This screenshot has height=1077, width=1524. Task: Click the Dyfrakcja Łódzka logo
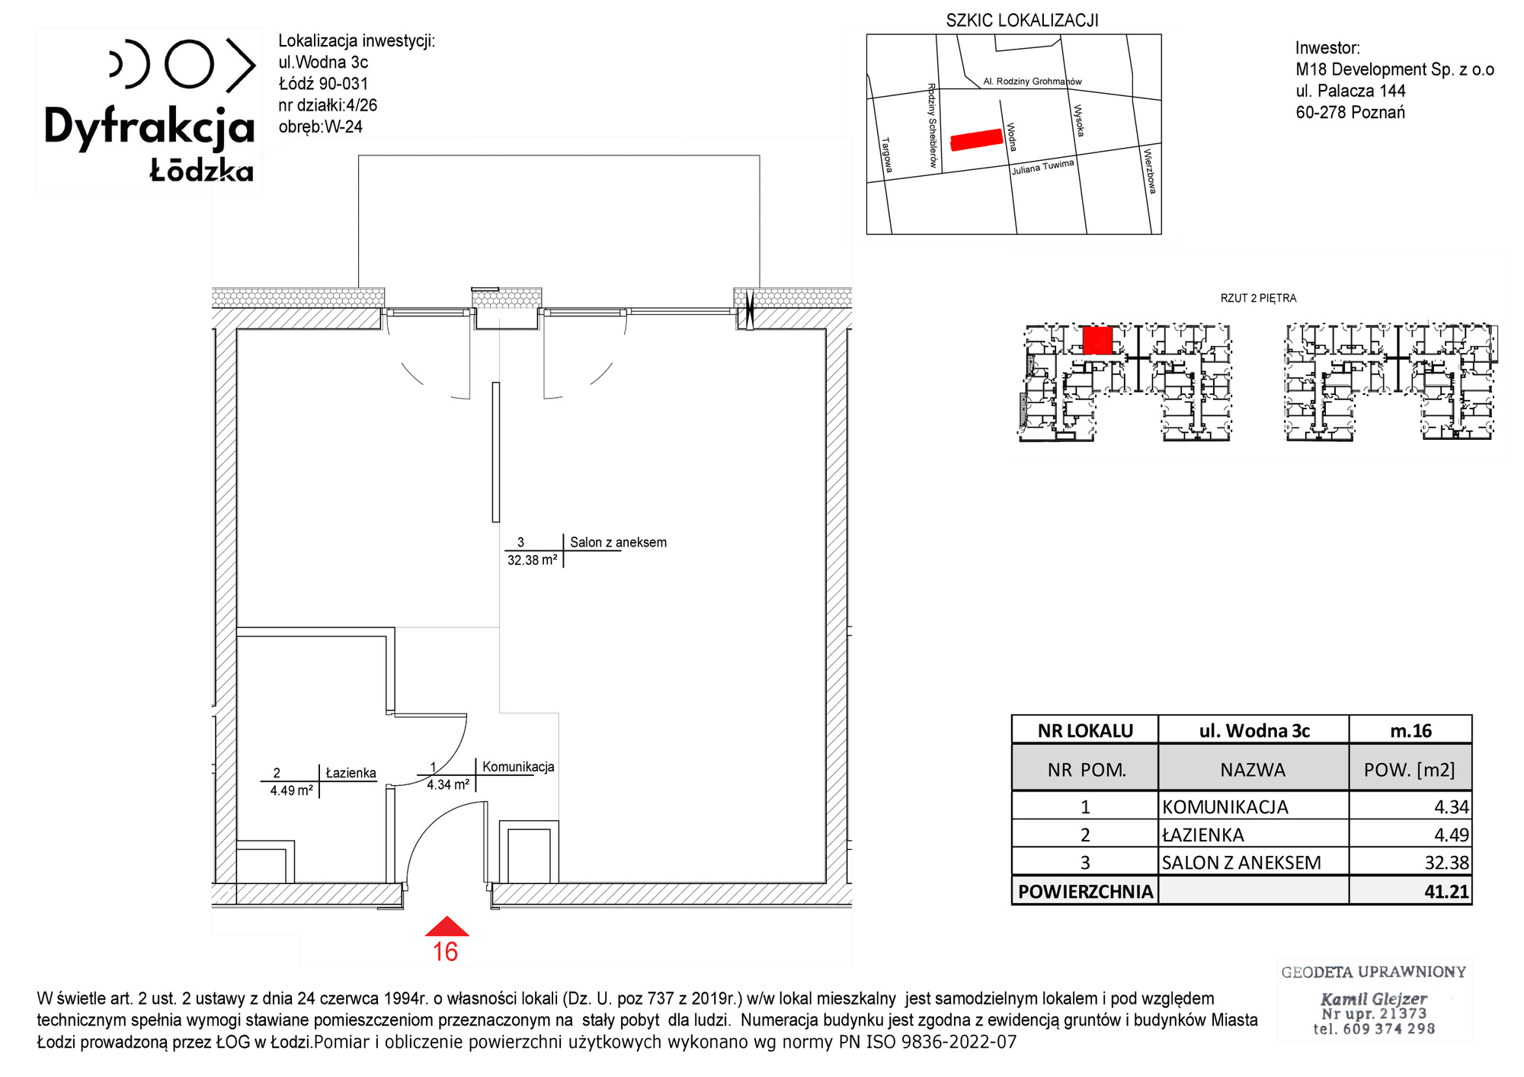click(149, 111)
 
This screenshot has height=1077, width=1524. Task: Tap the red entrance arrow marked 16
click(447, 927)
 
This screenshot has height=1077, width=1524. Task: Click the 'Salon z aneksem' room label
click(618, 543)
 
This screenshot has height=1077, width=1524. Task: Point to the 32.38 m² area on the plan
click(532, 560)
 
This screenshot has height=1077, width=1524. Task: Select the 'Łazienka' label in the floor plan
click(351, 773)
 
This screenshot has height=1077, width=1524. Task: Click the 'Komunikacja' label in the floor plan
click(518, 767)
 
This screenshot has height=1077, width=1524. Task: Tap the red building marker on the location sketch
click(976, 139)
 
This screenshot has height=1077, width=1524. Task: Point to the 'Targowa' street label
click(886, 155)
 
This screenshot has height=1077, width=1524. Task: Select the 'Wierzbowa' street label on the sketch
click(1149, 171)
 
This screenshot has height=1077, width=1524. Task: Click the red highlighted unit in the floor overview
click(1097, 340)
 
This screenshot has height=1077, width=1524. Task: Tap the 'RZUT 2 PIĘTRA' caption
click(1258, 298)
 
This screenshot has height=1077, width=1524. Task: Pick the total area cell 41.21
click(1446, 891)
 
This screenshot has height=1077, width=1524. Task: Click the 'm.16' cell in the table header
click(1410, 730)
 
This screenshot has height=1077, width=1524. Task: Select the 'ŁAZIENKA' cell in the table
click(1202, 835)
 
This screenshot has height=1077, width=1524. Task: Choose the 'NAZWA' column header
click(1253, 770)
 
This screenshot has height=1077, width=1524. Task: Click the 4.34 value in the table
click(1452, 806)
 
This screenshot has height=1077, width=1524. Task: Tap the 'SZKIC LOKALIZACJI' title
click(1023, 21)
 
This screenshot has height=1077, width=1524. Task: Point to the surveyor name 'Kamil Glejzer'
click(1373, 998)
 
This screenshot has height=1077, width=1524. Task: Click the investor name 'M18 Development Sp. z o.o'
click(1394, 69)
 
